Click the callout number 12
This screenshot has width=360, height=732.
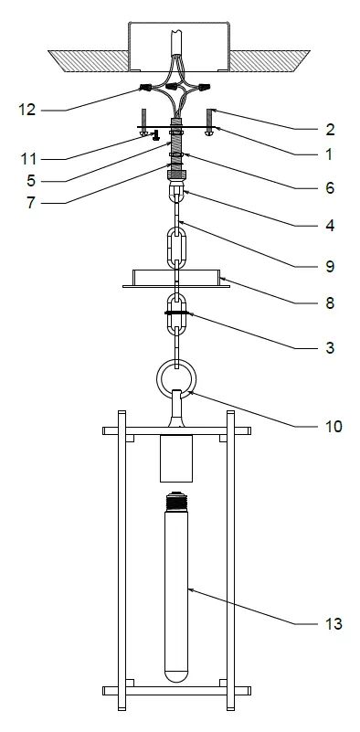[26, 110]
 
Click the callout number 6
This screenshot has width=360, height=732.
[330, 188]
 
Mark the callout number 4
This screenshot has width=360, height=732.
[330, 223]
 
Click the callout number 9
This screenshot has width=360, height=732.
[330, 267]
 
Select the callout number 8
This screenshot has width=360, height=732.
[330, 302]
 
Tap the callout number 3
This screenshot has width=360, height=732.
[330, 348]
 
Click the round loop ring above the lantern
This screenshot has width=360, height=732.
[175, 376]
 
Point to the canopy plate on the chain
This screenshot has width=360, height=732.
[175, 279]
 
